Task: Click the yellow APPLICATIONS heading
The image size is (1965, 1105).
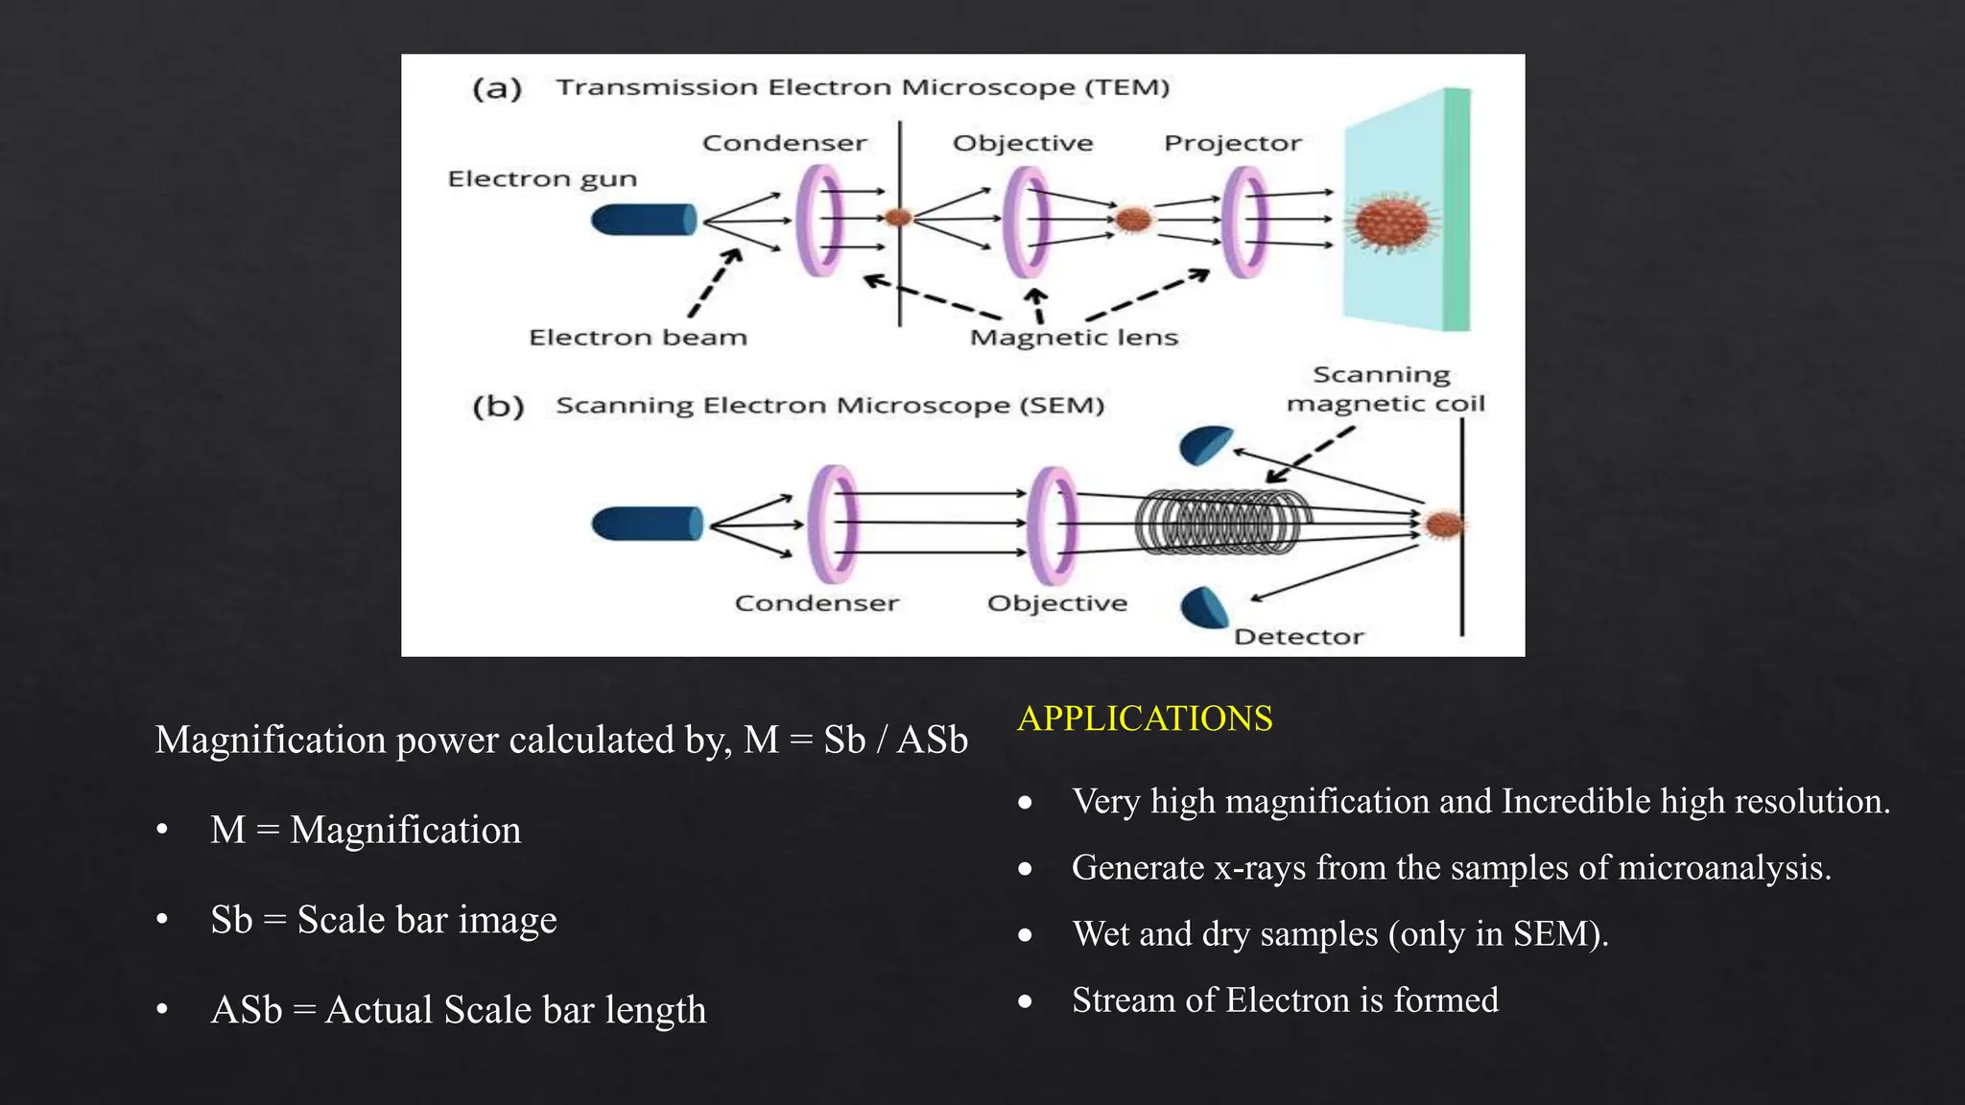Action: [1145, 718]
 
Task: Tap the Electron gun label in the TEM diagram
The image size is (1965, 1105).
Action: [542, 179]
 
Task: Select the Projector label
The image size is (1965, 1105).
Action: [1232, 143]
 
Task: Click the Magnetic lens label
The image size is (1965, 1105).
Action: [1073, 338]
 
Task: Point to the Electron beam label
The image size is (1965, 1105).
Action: [637, 338]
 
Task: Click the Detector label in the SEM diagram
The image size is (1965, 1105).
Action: [1298, 637]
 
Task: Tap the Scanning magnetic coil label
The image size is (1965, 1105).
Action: [1385, 389]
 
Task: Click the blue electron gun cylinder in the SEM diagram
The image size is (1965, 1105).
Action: [647, 525]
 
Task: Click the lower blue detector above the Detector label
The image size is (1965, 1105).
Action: [1203, 608]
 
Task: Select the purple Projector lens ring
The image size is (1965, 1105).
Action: [1244, 222]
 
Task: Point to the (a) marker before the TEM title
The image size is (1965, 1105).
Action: [497, 89]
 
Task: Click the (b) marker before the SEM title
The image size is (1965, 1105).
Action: [498, 407]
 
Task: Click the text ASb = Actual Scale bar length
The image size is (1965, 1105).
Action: [458, 1010]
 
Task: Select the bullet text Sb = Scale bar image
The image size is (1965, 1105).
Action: [383, 920]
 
